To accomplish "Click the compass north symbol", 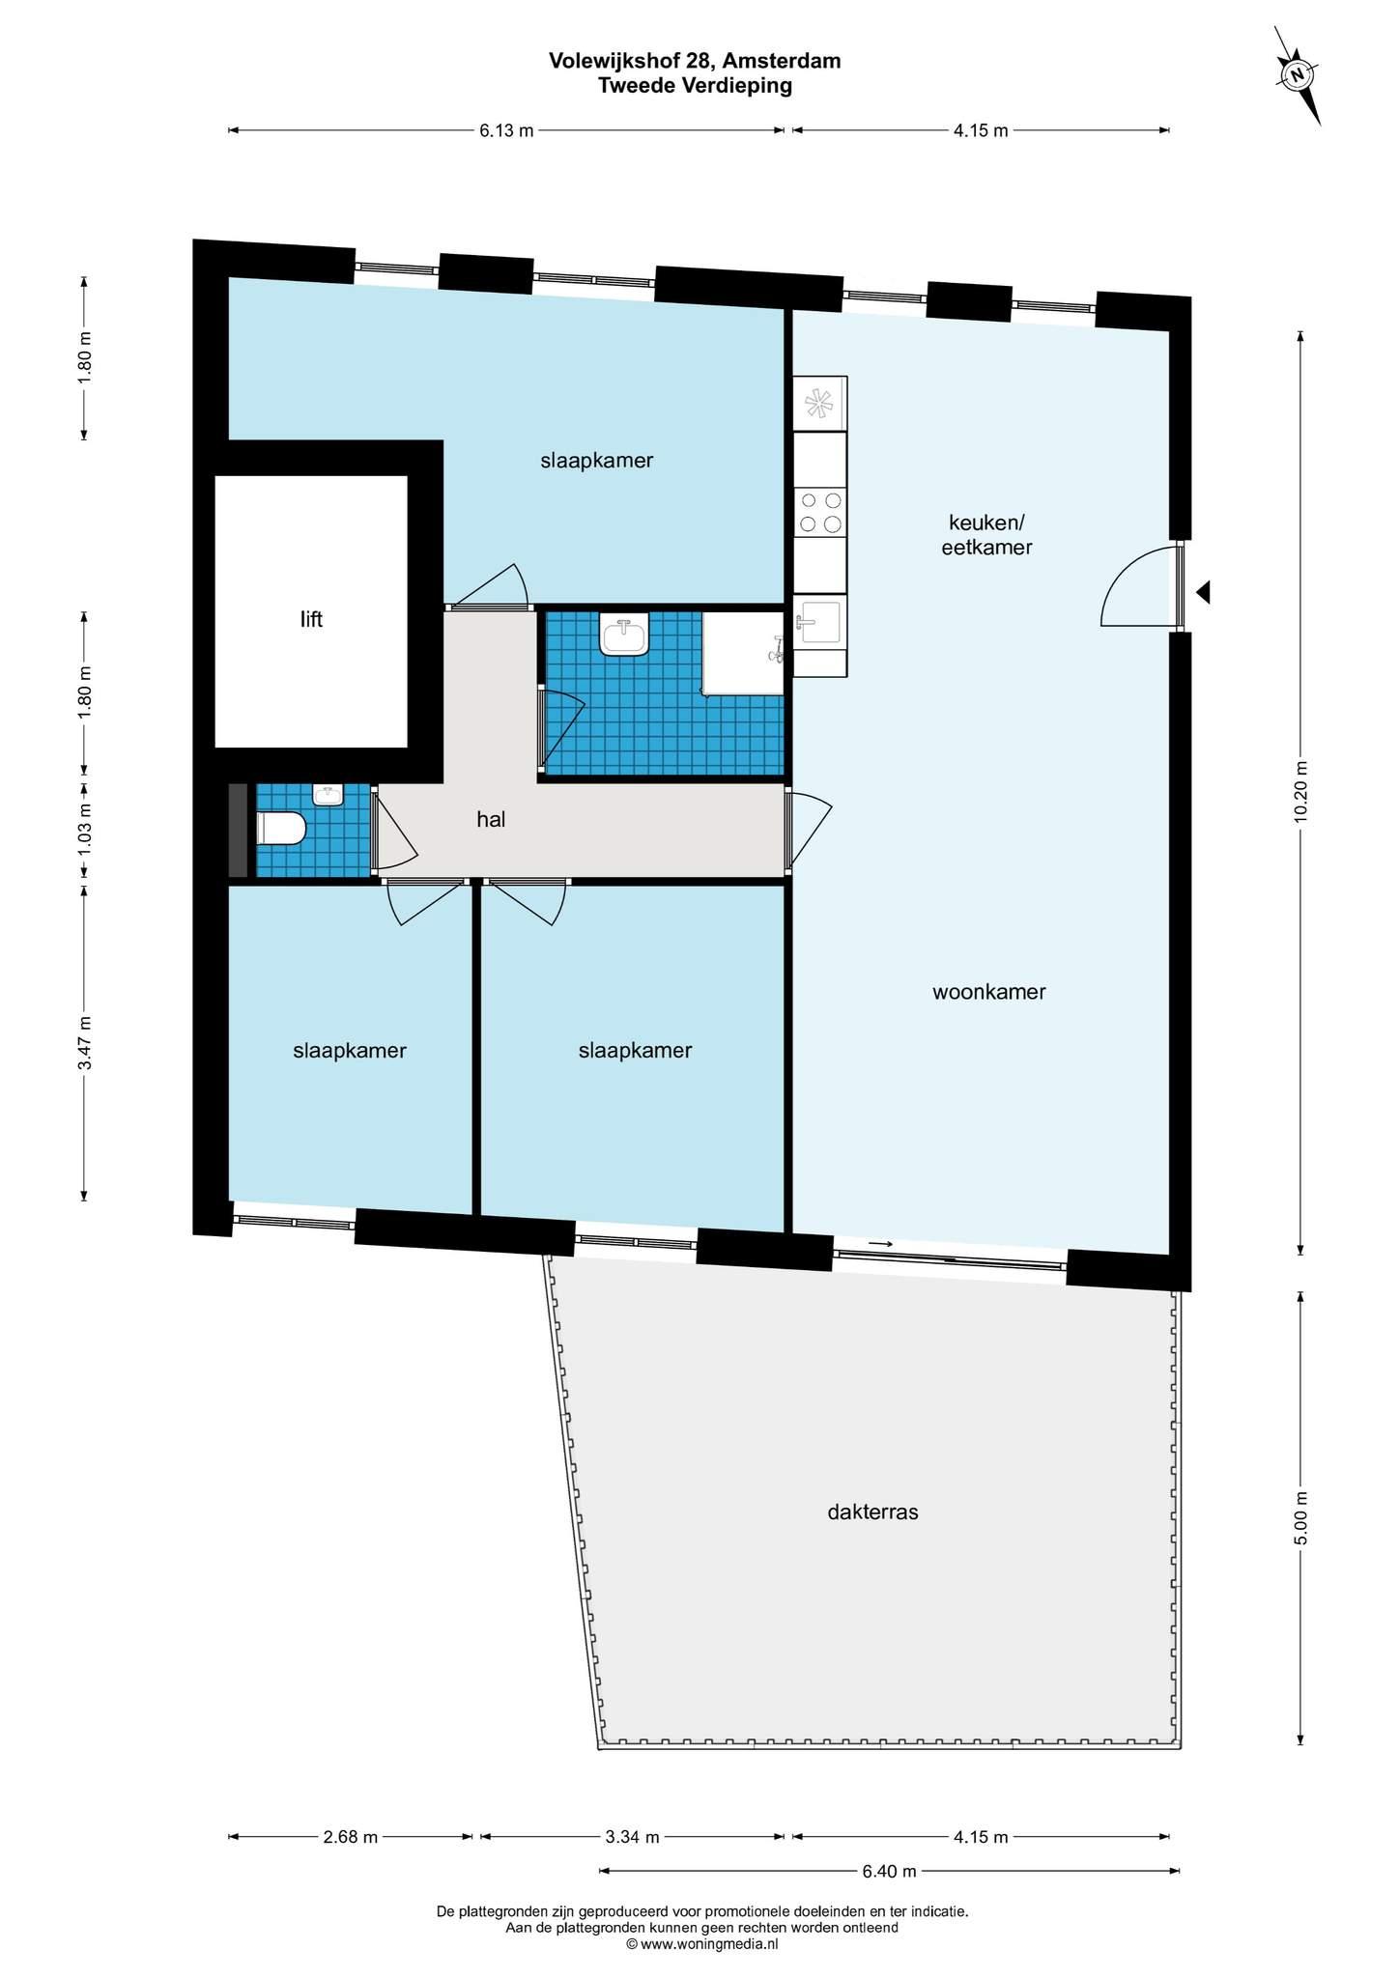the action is [1299, 75].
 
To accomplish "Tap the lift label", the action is [311, 619].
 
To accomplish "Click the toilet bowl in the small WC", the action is [281, 829].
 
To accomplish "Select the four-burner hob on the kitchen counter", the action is [820, 512].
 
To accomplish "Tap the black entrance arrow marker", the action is [1203, 592].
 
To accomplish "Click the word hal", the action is [491, 820].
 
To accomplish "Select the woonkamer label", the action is [988, 992].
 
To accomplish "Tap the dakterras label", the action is [872, 1512].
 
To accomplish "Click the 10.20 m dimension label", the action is [1300, 791].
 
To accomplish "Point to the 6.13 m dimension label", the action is [506, 131].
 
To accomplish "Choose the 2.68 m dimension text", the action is [351, 1837].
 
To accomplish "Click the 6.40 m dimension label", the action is [889, 1871].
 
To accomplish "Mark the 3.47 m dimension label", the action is [85, 1043].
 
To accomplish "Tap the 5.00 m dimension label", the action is [1300, 1518].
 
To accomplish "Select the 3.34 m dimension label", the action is [632, 1837].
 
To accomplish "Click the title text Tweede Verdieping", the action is [695, 85].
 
